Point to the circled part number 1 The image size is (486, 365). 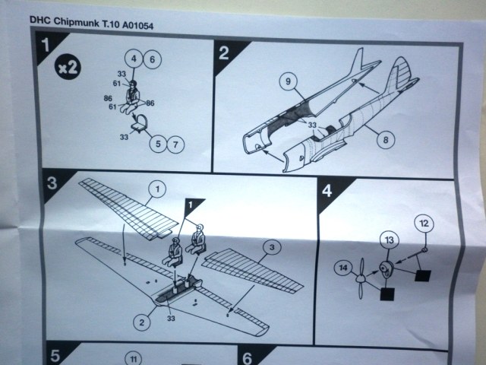pos(156,187)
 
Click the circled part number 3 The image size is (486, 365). pos(270,246)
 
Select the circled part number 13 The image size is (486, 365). pos(388,242)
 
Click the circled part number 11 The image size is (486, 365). pos(134,357)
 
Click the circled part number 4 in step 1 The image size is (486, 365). pos(133,59)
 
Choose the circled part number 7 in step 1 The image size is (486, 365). pos(177,142)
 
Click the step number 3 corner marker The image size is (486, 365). pos(51,183)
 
